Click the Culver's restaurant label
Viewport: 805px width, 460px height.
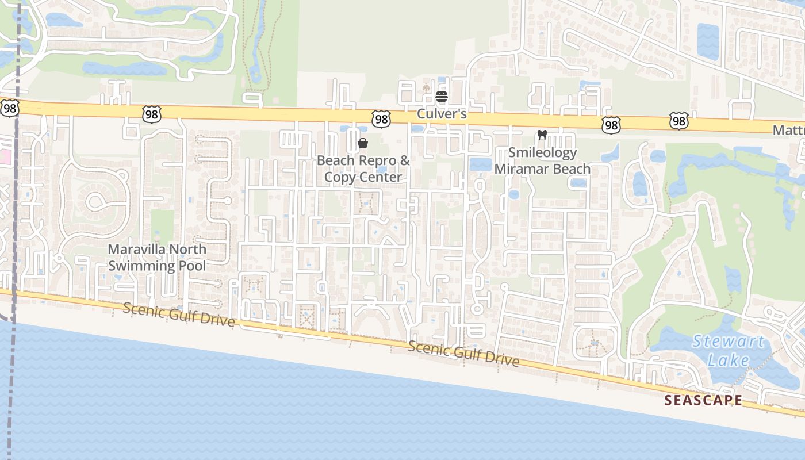(x=441, y=114)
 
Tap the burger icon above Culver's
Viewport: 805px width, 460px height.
(x=441, y=97)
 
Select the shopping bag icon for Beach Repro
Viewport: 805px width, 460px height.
(x=363, y=143)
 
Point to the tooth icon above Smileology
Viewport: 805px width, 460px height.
(x=541, y=135)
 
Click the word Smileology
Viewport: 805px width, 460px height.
(x=542, y=153)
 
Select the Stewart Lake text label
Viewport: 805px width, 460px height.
(x=729, y=351)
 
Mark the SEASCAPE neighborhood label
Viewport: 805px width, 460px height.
(x=703, y=401)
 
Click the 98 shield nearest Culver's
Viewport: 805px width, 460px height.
(x=381, y=119)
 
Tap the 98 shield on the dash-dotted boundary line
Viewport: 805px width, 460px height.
(x=10, y=108)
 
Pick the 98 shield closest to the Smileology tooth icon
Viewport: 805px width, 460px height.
(x=612, y=124)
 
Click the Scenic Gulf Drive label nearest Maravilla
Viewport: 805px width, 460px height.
(x=179, y=316)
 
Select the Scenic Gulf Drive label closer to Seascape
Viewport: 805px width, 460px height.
(x=463, y=354)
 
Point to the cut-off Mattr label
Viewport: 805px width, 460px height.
(x=788, y=131)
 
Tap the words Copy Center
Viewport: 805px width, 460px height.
(x=363, y=177)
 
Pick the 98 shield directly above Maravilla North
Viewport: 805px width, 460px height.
(x=152, y=115)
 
